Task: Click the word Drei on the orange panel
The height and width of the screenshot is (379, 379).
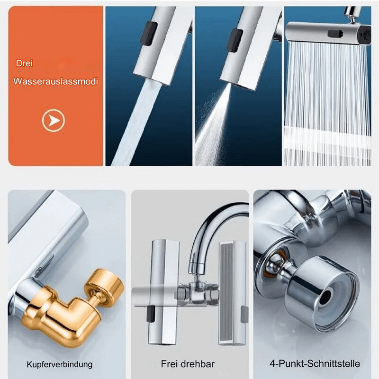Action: point(24,63)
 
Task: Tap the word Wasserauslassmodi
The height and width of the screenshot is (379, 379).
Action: point(55,81)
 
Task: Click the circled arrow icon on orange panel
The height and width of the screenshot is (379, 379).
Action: point(53,120)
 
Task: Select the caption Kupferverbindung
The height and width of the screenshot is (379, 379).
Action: point(60,364)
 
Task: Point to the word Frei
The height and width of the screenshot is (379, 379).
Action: point(170,364)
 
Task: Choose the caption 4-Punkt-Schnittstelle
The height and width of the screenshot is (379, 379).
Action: point(315,363)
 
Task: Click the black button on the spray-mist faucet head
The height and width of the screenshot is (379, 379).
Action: point(235,40)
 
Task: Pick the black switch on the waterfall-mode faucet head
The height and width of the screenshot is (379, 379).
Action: point(335,34)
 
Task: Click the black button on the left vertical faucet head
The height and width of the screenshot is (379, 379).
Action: point(151,314)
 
